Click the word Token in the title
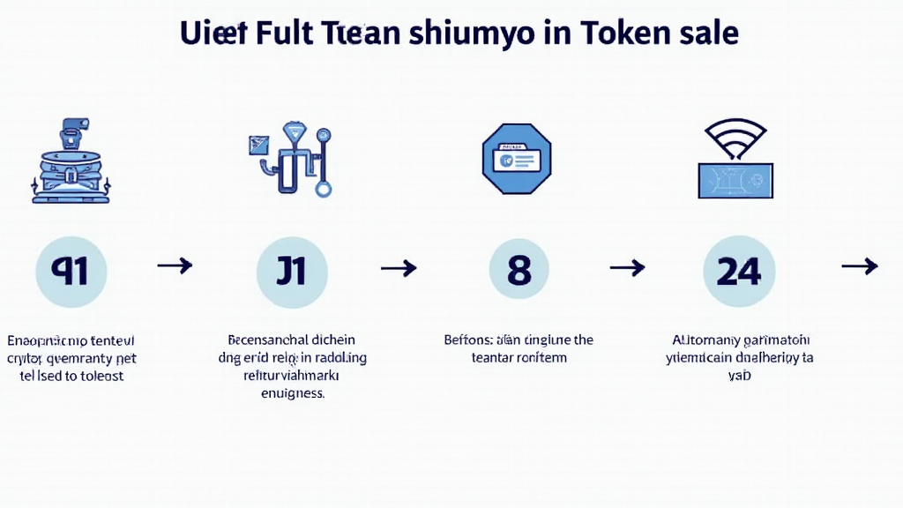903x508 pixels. pos(629,33)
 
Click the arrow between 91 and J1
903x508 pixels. pos(175,265)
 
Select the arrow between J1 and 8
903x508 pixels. pos(399,267)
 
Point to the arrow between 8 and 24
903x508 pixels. pos(628,267)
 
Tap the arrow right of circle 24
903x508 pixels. pos(860,265)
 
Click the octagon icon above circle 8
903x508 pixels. pos(516,159)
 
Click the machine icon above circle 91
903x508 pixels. pos(71,163)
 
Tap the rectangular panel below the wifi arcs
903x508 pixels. pos(735,180)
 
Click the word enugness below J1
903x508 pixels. pos(292,394)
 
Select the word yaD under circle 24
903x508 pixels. pos(739,376)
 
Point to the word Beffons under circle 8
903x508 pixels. pos(470,340)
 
